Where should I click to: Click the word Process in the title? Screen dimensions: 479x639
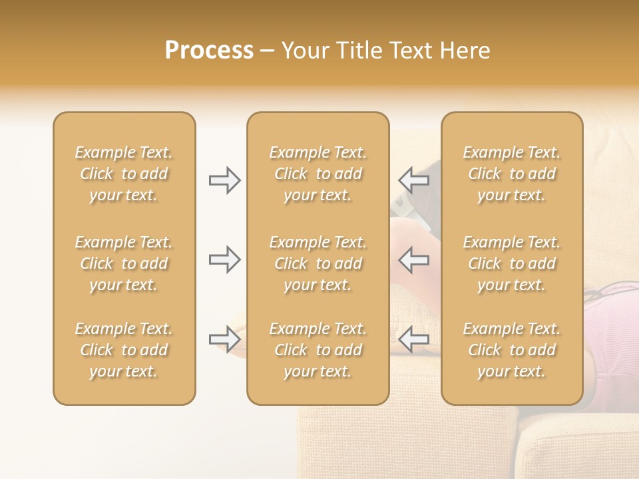[x=209, y=51]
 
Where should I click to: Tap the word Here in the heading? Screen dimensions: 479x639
[x=465, y=51]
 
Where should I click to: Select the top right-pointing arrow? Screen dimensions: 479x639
[x=225, y=180]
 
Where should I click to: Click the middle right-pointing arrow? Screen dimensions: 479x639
[x=225, y=259]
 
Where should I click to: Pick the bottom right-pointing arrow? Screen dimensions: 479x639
[x=225, y=340]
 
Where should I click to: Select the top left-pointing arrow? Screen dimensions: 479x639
[x=414, y=180]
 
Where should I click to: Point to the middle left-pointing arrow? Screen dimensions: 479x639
[x=414, y=259]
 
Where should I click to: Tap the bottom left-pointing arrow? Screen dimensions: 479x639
[x=414, y=340]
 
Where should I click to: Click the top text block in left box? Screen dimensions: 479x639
[x=124, y=174]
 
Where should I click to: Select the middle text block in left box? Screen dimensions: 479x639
[x=124, y=263]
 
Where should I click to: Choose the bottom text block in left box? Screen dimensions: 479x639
[x=124, y=350]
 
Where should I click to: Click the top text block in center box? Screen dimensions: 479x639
[x=318, y=174]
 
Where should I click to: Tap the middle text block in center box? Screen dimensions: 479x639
[x=318, y=263]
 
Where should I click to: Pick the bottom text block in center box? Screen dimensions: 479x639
[x=318, y=350]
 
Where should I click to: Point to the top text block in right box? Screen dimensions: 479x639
[x=512, y=174]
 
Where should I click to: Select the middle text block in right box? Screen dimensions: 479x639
[x=512, y=263]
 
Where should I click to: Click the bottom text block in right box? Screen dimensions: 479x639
[x=512, y=350]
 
